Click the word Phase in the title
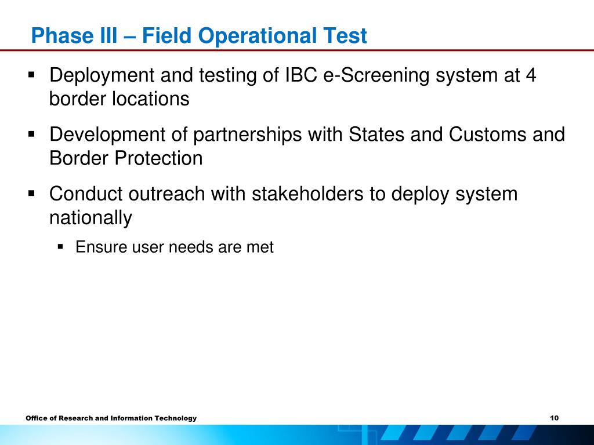click(x=61, y=35)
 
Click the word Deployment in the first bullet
click(x=102, y=76)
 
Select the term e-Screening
click(x=376, y=76)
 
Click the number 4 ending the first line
click(x=531, y=75)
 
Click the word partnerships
click(x=247, y=135)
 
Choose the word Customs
click(x=487, y=134)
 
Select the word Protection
click(x=158, y=158)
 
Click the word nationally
click(x=91, y=218)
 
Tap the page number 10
click(x=554, y=418)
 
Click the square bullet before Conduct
click(x=31, y=194)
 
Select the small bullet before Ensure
click(x=60, y=247)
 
